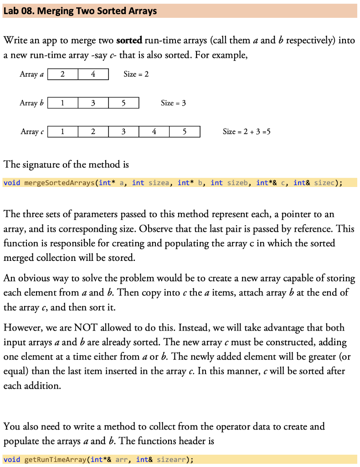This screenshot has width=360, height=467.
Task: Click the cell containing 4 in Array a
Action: tap(93, 74)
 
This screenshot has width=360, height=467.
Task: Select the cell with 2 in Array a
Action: tap(62, 74)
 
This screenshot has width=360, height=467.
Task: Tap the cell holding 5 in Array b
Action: tap(123, 103)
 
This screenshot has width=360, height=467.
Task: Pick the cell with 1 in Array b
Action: tap(62, 103)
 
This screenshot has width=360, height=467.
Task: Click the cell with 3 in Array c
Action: tap(123, 132)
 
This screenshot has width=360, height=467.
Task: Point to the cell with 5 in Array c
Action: tap(185, 132)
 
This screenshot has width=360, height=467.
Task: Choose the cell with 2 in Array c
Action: tap(93, 132)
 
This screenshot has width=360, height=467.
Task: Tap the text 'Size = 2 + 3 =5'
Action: tap(247, 132)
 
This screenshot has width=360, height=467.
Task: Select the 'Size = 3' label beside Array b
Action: tap(173, 103)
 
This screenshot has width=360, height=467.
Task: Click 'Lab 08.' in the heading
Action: tap(19, 11)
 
